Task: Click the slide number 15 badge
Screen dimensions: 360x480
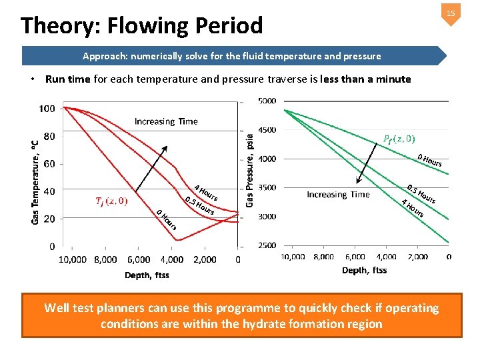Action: click(451, 14)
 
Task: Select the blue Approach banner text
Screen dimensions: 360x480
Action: click(231, 56)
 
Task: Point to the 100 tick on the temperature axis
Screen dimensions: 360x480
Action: click(47, 109)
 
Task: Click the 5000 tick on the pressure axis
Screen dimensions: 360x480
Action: click(267, 101)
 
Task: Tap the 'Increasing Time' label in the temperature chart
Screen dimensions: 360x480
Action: click(165, 121)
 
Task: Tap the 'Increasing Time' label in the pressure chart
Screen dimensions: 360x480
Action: click(338, 195)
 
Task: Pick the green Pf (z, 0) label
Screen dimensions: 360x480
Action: click(399, 139)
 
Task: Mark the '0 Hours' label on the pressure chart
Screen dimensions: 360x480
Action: click(429, 160)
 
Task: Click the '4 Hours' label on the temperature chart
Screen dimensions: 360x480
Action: click(206, 191)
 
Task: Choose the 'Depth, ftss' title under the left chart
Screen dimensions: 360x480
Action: click(147, 275)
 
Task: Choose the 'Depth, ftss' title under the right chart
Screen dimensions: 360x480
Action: click(364, 270)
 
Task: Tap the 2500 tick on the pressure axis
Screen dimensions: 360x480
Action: click(267, 246)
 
